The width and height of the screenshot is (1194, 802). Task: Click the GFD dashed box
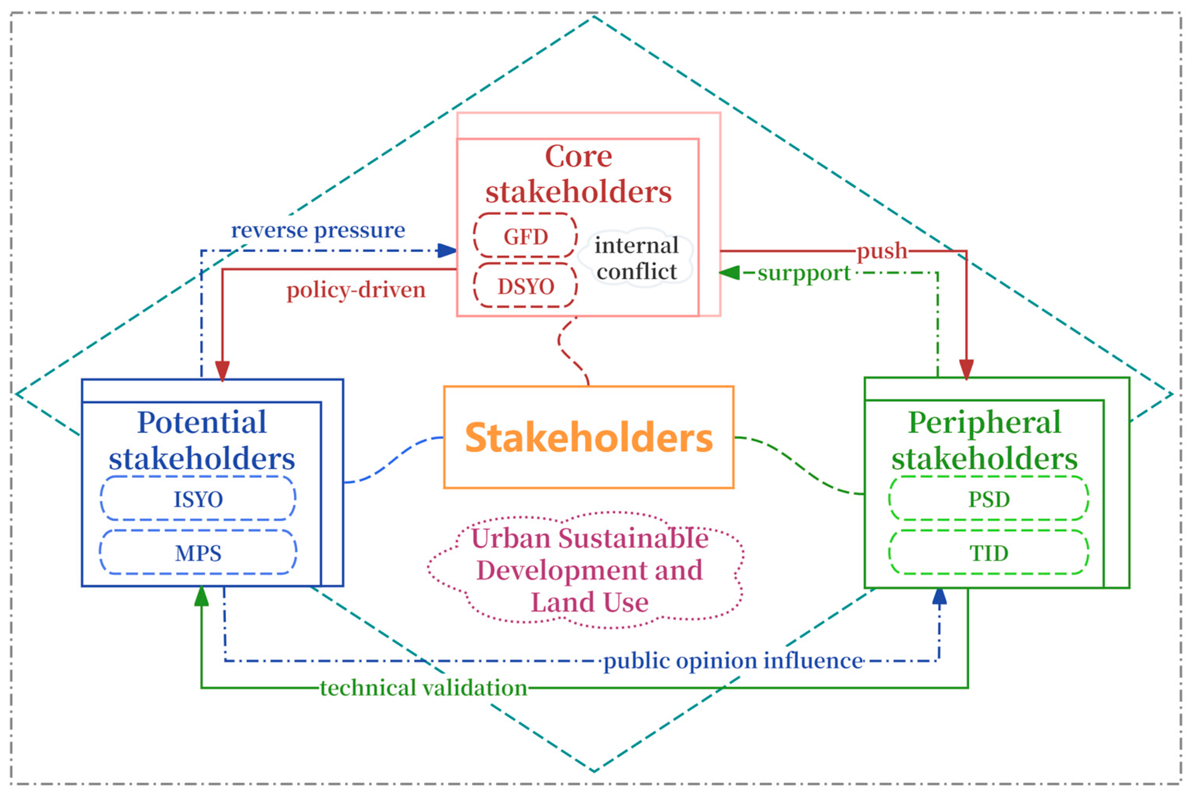click(525, 236)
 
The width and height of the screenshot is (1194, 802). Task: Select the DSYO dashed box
click(525, 286)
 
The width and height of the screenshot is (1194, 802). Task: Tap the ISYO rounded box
click(198, 499)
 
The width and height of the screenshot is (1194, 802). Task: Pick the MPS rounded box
click(198, 553)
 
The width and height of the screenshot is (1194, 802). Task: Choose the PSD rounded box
click(988, 499)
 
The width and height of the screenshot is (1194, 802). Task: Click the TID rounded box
click(988, 553)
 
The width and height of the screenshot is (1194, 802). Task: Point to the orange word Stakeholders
click(588, 438)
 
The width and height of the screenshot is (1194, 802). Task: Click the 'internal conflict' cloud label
click(636, 258)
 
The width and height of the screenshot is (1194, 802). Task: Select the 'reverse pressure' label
click(318, 230)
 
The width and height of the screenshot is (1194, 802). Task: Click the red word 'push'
click(882, 251)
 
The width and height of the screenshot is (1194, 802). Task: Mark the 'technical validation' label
click(424, 688)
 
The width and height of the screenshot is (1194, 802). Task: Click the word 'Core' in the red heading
click(578, 156)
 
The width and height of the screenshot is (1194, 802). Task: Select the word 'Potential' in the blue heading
click(202, 422)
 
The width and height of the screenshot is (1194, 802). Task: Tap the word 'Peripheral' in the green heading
click(984, 422)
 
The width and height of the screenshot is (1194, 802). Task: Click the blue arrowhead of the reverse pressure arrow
click(447, 251)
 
